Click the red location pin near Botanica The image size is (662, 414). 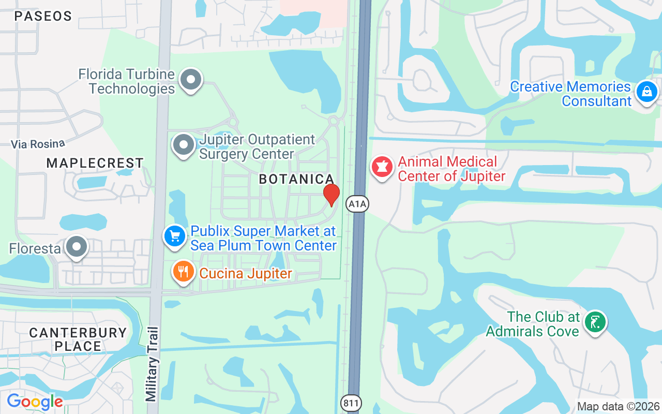coord(332,194)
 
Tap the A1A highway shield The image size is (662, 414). coord(357,204)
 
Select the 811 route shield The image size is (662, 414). coord(352,403)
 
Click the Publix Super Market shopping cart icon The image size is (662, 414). coord(175,236)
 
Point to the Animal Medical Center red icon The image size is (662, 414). coord(382,167)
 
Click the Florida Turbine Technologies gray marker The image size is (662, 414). coord(191,80)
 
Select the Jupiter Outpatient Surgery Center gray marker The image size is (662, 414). coord(183,145)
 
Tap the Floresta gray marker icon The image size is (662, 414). coord(77,247)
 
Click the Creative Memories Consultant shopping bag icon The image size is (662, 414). coord(646,93)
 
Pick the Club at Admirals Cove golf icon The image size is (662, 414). coord(595,322)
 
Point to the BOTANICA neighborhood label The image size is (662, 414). coord(296,179)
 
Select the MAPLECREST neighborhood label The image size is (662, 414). coord(95,163)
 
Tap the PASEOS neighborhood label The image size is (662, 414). coord(43,16)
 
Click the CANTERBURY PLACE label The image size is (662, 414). coord(78,339)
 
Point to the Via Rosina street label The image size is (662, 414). coord(39,143)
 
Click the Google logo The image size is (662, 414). coord(35,402)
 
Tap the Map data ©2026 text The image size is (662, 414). coord(619,406)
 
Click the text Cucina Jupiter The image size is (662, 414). coord(246,273)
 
